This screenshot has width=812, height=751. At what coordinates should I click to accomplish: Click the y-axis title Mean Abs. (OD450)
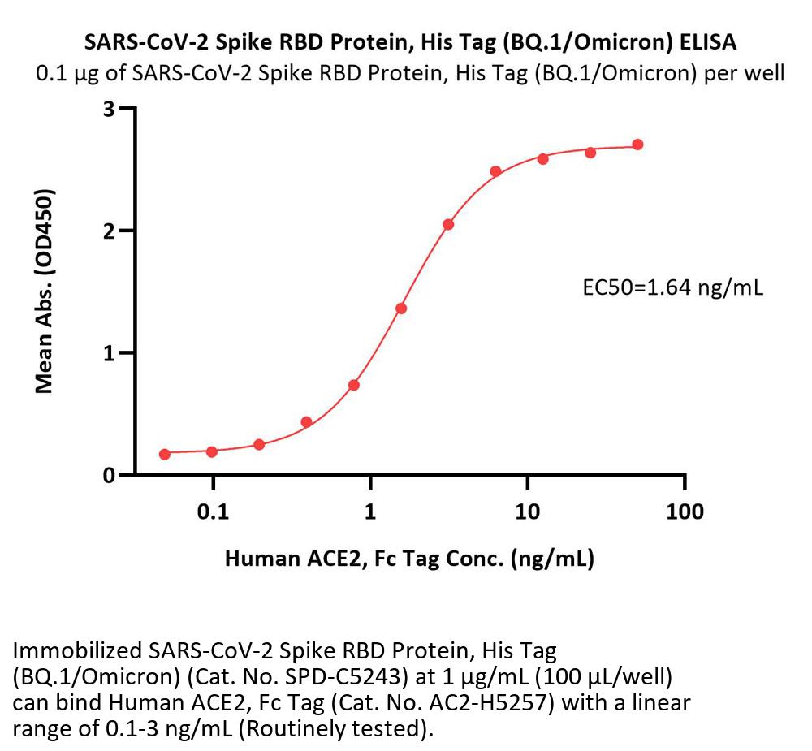click(x=45, y=292)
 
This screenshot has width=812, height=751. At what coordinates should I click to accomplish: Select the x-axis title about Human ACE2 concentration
click(x=409, y=559)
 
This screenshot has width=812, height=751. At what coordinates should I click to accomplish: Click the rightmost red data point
click(x=637, y=145)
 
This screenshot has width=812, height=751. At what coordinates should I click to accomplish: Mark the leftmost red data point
click(x=165, y=454)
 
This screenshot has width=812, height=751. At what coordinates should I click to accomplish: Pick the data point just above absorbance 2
click(x=448, y=224)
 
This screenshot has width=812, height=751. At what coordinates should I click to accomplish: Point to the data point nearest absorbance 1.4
click(x=401, y=309)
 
